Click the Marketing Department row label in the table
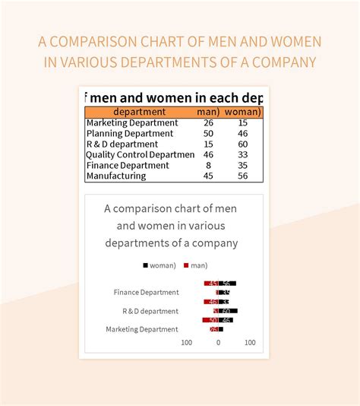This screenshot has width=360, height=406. click(132, 122)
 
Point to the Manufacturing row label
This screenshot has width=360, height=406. click(116, 176)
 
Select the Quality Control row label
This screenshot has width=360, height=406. click(141, 154)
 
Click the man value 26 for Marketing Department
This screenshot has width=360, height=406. click(208, 122)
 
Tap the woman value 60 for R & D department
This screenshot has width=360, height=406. click(242, 144)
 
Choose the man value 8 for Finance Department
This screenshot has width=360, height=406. click(208, 165)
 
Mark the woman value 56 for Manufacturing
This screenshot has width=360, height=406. click(242, 176)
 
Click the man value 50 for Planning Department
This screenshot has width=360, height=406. click(208, 133)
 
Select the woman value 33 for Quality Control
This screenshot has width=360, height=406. click(242, 154)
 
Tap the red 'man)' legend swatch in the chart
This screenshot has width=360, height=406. click(186, 265)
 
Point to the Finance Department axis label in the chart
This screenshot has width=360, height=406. click(146, 292)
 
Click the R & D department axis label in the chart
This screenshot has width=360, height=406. click(150, 311)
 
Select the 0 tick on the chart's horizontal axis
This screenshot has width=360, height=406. click(218, 343)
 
